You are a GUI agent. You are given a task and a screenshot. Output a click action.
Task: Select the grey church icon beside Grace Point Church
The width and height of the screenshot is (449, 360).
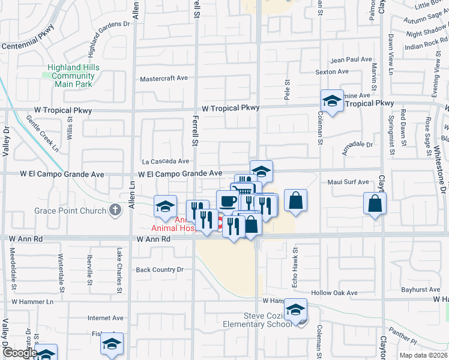pyautogui.click(x=116, y=211)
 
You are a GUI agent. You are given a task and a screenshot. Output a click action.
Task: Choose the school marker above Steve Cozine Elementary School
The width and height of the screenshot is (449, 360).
pyautogui.click(x=295, y=309)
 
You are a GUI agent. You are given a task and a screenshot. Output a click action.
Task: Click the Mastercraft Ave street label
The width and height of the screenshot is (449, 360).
pyautogui.click(x=164, y=79)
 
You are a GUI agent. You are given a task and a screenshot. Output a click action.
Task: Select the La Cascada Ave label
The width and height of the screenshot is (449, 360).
pyautogui.click(x=166, y=161)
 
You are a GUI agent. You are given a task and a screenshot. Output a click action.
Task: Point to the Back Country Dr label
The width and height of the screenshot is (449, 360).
pyautogui.click(x=160, y=270)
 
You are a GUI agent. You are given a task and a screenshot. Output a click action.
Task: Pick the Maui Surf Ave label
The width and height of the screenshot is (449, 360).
pyautogui.click(x=348, y=182)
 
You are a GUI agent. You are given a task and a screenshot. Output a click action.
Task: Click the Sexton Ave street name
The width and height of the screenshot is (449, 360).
pyautogui.click(x=332, y=72)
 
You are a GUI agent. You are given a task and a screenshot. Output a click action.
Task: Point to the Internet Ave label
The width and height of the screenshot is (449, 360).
pyautogui.click(x=106, y=318)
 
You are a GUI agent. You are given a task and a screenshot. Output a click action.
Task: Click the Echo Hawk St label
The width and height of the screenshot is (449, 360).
pyautogui.click(x=295, y=259)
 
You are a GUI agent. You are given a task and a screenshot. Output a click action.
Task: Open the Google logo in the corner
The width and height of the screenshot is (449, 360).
pyautogui.click(x=20, y=353)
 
